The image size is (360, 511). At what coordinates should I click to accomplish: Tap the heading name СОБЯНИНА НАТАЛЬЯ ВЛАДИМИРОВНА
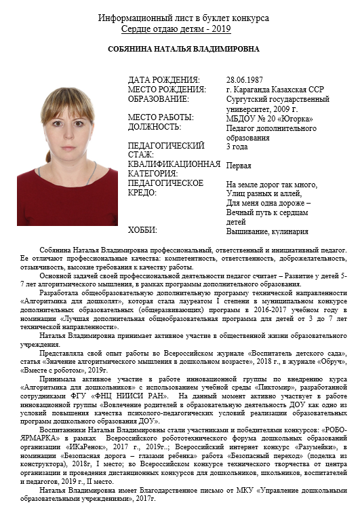pos(179,50)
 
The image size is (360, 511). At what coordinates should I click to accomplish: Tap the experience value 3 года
pos(237,146)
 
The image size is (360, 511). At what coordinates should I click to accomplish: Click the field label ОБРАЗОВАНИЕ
pos(159,98)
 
